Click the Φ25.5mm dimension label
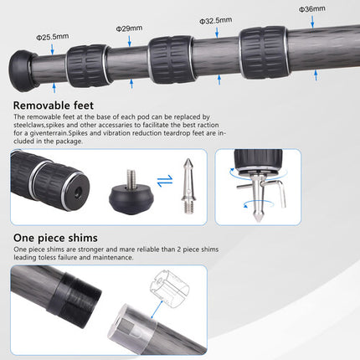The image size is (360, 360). [52, 37]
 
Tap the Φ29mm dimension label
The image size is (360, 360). [129, 28]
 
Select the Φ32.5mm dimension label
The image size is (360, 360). [215, 20]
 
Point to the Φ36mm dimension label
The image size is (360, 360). [312, 9]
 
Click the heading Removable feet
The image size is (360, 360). [54, 105]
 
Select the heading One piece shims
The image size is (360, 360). [55, 238]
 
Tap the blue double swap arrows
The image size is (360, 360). [165, 181]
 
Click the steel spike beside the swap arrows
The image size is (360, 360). [188, 186]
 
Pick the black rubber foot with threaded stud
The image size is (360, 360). [131, 196]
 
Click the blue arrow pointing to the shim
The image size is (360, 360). [157, 310]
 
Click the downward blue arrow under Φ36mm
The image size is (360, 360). [312, 22]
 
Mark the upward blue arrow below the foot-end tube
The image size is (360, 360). [54, 88]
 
